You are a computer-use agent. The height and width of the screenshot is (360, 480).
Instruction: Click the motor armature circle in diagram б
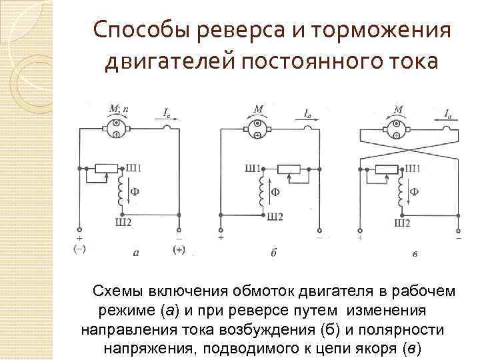click(x=257, y=128)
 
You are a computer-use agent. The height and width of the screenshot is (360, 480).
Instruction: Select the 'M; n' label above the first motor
click(x=117, y=109)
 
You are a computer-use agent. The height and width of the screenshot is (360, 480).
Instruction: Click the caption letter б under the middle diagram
click(x=274, y=253)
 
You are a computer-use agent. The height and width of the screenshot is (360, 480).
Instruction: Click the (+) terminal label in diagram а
click(x=179, y=249)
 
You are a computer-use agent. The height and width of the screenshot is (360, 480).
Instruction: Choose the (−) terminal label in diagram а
click(x=80, y=249)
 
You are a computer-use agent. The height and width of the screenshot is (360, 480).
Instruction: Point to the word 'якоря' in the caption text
click(x=375, y=349)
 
